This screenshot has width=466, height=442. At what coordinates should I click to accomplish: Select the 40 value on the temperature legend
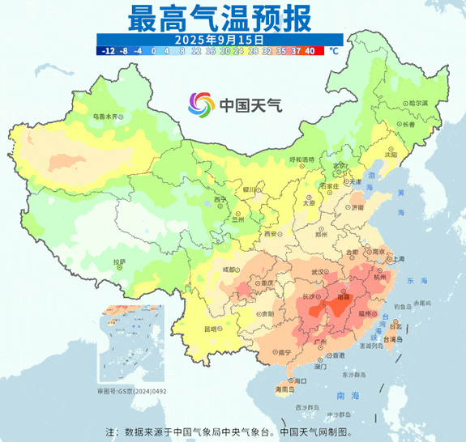pos(310,50)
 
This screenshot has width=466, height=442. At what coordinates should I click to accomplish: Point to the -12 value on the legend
pos(106,50)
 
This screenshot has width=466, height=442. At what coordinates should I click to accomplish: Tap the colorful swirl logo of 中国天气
pos(202,104)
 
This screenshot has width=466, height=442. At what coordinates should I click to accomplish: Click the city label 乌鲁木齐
pos(109,117)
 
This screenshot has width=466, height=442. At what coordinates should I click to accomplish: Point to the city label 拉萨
pos(119,261)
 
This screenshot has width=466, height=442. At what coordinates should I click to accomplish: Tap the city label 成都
pos(231,270)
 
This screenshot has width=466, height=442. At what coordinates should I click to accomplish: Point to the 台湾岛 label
pos(392,340)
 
